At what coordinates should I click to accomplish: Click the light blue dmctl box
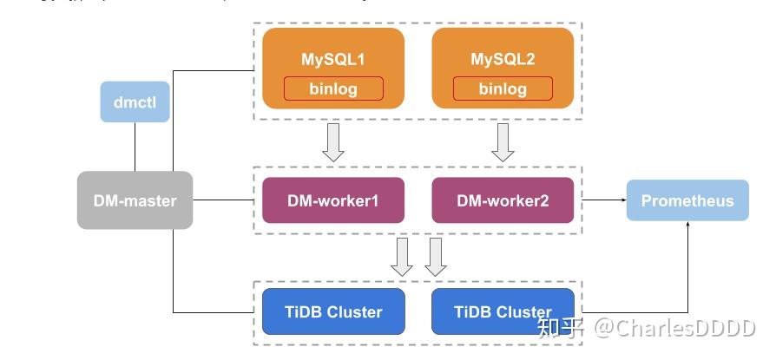coord(135,102)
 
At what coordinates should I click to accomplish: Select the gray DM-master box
coord(135,200)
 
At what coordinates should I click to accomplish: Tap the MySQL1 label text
coord(333,59)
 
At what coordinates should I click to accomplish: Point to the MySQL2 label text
coord(503,59)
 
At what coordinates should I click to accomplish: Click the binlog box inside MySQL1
coord(333,88)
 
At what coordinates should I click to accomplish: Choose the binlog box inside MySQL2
coord(503,88)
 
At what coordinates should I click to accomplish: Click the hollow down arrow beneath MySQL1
coord(333,142)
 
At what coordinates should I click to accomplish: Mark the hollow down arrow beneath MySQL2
coord(503,142)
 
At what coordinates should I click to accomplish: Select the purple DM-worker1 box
coord(333,200)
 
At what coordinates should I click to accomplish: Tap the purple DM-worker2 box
coord(503,200)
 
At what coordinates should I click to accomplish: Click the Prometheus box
coord(687,200)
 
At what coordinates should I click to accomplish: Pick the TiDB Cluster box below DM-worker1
coord(333,312)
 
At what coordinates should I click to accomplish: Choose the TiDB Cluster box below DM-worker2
coord(503,312)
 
